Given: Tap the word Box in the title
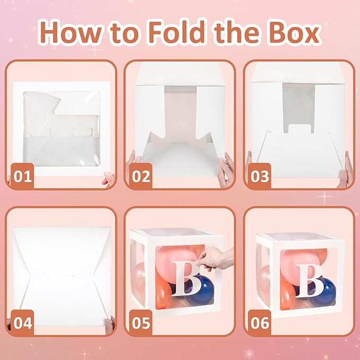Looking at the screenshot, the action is point(294,32).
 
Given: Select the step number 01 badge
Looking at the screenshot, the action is point(22,176).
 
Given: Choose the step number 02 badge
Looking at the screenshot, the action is point(141,176).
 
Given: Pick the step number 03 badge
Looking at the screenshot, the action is point(259,176).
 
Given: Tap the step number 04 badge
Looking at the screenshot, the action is point(22,322).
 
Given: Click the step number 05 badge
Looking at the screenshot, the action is point(141,322).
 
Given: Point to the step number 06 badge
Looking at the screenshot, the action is point(259,322).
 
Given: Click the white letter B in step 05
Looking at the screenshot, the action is point(187,278).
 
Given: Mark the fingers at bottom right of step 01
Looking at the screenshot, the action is point(108,179).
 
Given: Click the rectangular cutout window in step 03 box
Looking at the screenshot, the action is point(298,108).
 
